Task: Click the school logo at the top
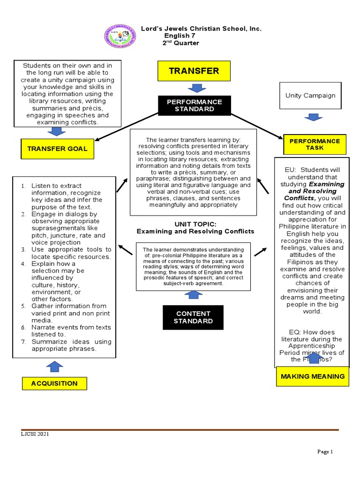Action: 120,36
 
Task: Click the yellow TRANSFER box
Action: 194,71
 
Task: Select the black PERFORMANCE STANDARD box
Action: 194,105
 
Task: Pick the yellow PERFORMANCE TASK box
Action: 315,144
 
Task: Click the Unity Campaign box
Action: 310,96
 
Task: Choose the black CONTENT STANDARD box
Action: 193,317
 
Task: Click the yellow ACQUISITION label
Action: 54,383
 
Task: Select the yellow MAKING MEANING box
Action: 312,376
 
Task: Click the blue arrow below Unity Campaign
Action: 313,117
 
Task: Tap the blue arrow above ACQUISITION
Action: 54,367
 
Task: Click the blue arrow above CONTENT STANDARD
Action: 194,295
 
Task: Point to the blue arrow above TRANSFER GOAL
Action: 57,131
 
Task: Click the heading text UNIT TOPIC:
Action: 195,224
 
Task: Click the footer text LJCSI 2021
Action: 35,434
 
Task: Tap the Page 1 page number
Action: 324,452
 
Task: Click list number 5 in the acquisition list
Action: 23,306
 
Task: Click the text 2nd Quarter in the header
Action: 180,43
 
